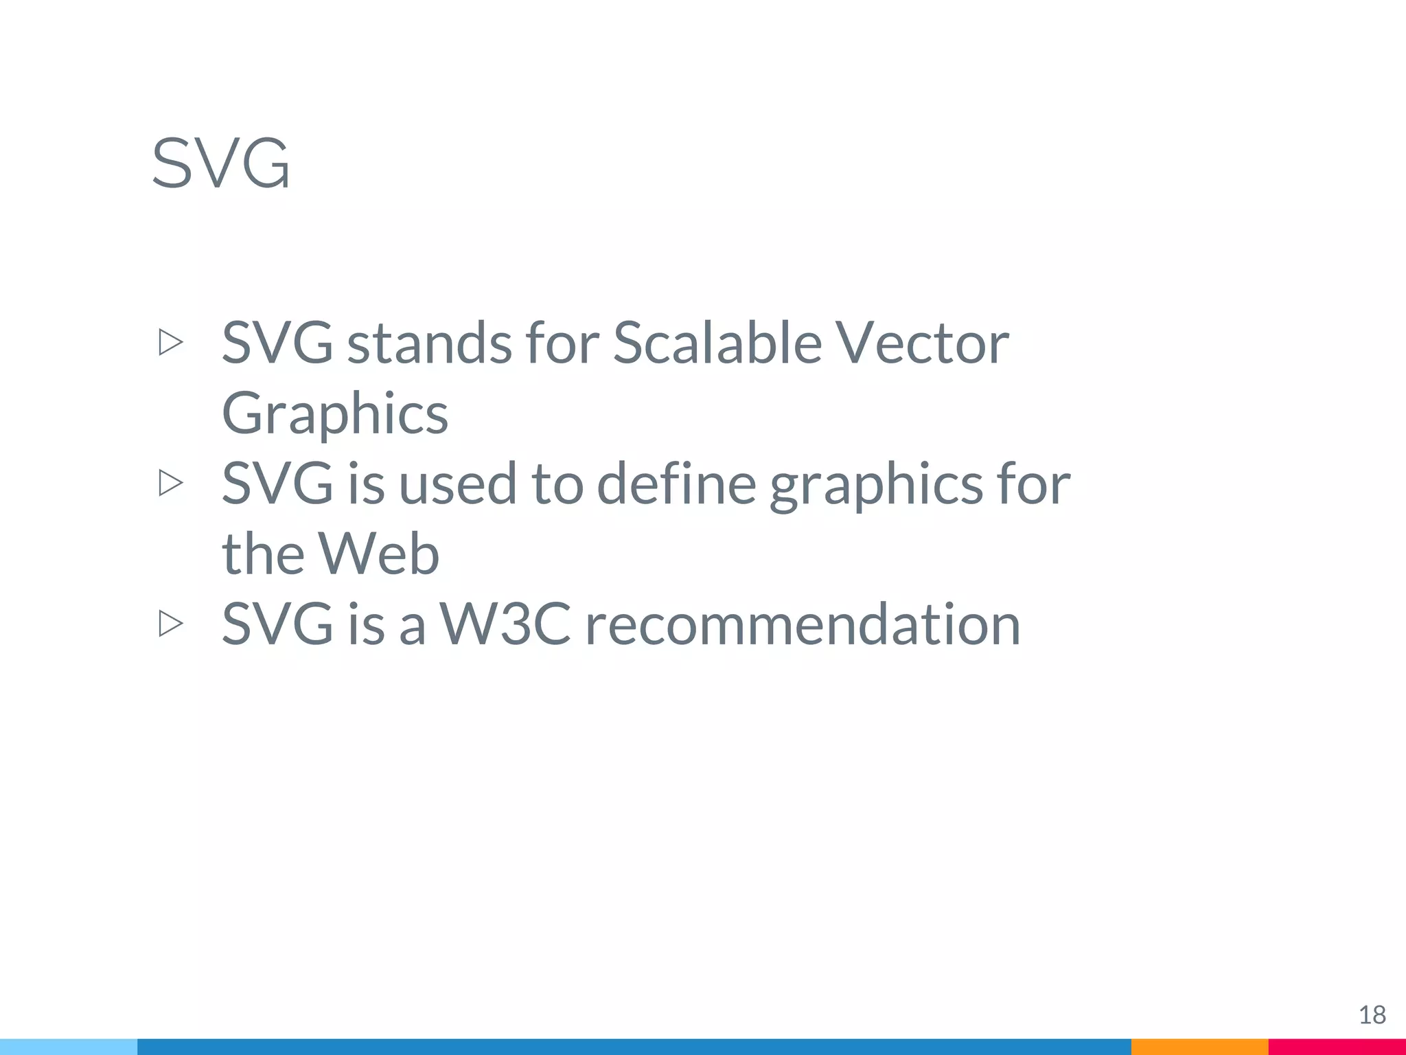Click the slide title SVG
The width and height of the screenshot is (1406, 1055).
[220, 163]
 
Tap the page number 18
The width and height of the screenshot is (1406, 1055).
[1372, 1014]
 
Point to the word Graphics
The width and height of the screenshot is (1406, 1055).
[335, 414]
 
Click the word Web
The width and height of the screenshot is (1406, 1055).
[378, 554]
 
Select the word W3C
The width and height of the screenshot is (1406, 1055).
[505, 624]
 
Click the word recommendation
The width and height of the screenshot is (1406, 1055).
[803, 624]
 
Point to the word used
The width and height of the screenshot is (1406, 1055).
[457, 484]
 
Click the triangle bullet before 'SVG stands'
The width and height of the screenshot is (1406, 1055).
[170, 342]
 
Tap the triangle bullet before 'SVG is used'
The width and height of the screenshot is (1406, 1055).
[170, 483]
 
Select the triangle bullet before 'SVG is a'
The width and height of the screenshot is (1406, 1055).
[170, 624]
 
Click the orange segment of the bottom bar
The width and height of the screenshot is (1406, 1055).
[1199, 1047]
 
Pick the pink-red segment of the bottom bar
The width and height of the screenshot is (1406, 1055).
[1337, 1047]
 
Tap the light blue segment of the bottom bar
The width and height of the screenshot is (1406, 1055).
[69, 1047]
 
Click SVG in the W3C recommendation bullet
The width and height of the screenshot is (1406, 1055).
[277, 624]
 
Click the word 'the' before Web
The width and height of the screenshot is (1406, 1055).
[262, 554]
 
